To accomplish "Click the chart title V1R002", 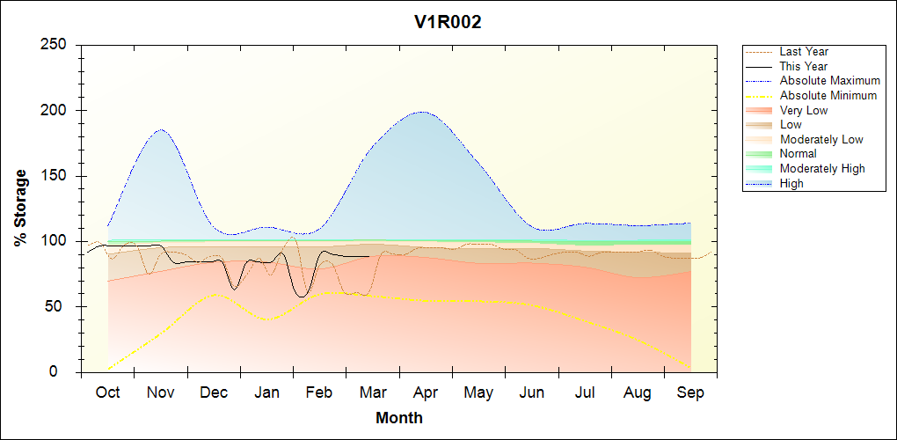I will coord(448,23).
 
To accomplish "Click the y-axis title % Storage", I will coord(20,208).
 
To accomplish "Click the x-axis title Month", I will coord(398,418).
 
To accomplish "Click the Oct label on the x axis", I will coord(107,392).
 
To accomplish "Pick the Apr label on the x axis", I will coord(426,392).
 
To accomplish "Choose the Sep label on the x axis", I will coord(690,392).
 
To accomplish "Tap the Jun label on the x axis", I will coord(532,392).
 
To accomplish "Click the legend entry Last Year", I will coord(804,52).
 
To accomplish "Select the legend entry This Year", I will coord(803,66).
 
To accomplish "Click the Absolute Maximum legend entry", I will coord(829,81).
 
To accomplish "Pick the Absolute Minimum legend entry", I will coord(828,95).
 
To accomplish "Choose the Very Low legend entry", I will coord(804,110).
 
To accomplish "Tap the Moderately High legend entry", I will coord(822,168).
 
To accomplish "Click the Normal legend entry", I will coord(798,154).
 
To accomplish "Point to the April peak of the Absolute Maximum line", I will coord(423,112).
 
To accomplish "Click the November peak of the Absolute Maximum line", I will coord(162,130).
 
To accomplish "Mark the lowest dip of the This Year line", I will coord(302,296).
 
